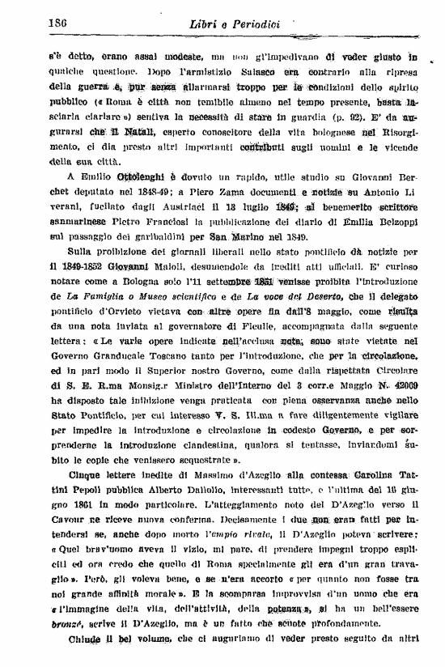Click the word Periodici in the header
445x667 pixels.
251,24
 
